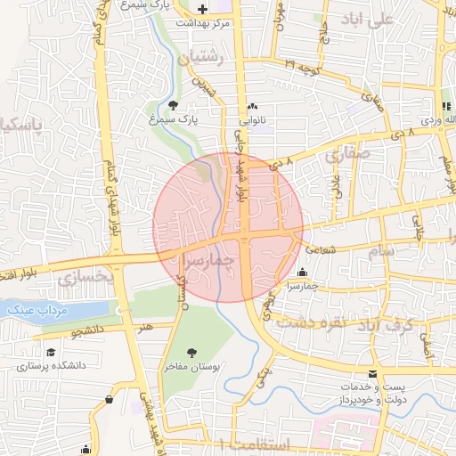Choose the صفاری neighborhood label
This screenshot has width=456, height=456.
[x=347, y=154]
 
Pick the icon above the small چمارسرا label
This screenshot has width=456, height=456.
[x=304, y=273]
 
